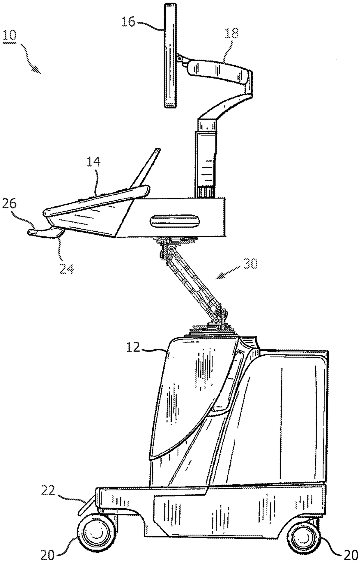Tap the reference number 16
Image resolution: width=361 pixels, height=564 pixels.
[x=128, y=22]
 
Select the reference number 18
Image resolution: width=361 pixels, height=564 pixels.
[x=232, y=34]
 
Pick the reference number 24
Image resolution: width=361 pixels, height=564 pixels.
[x=67, y=269]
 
